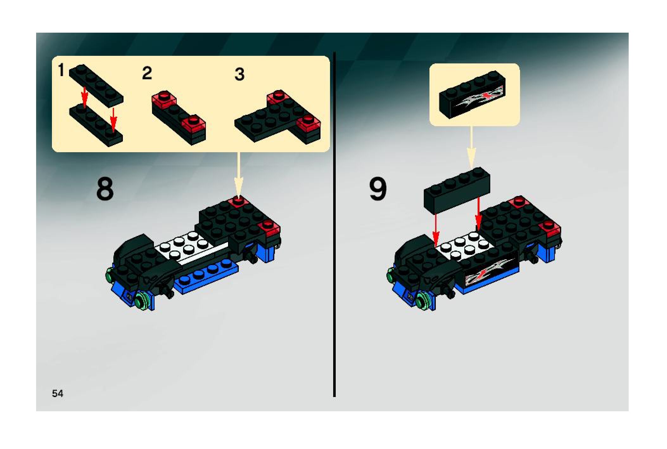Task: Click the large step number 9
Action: click(378, 189)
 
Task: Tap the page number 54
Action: click(58, 394)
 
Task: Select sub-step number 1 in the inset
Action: click(61, 70)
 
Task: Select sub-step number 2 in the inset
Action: click(147, 73)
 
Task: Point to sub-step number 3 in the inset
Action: click(240, 75)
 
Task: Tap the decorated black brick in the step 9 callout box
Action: click(472, 95)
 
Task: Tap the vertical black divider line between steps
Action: click(334, 224)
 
